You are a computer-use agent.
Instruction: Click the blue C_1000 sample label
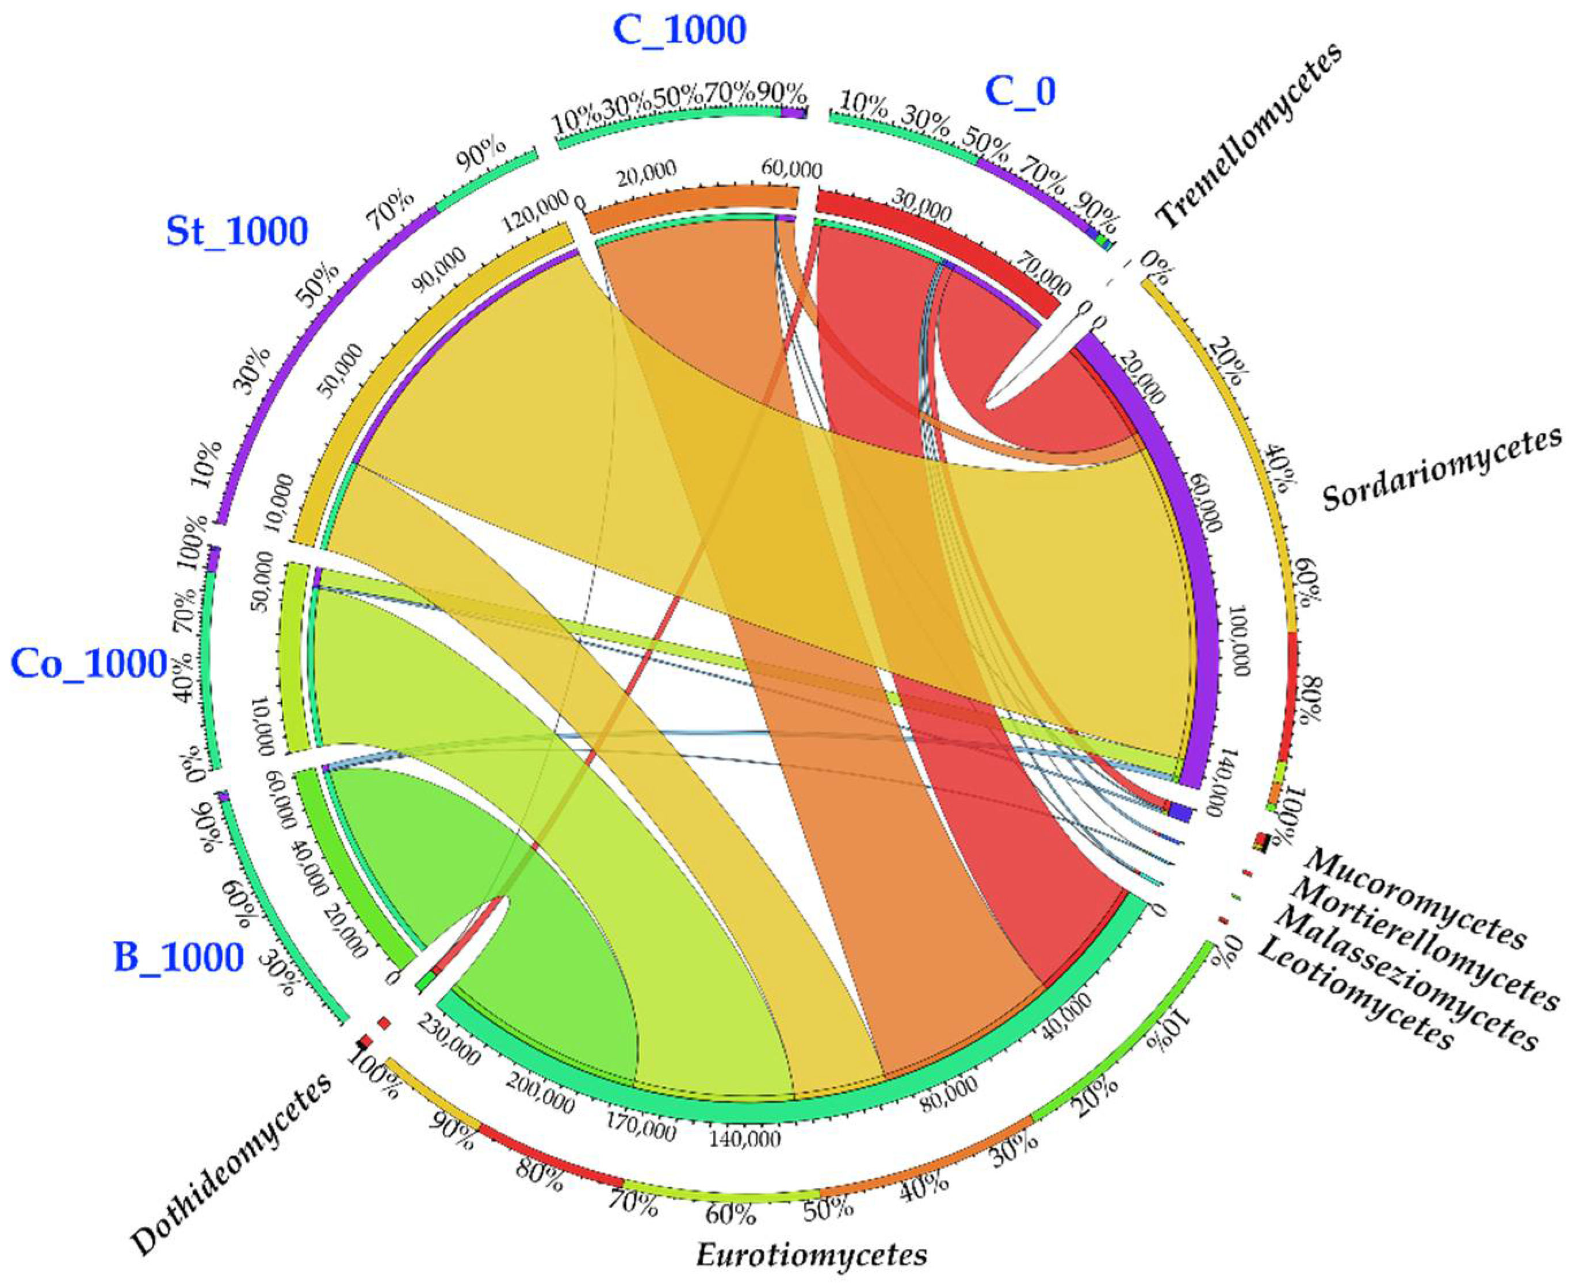pyautogui.click(x=679, y=31)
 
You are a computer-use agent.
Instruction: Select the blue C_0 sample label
pyautogui.click(x=1020, y=92)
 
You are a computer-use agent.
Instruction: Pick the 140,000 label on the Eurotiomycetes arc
pyautogui.click(x=745, y=1136)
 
